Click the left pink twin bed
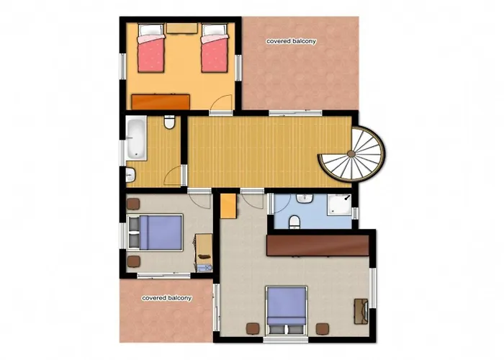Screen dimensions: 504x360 point(151,48)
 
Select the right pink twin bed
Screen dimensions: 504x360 point(215,48)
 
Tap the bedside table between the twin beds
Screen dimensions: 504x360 point(182,28)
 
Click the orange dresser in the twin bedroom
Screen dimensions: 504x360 point(161,102)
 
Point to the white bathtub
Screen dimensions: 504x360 point(136,139)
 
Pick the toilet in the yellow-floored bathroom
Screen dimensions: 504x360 point(169,122)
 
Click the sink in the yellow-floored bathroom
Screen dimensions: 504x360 point(130,176)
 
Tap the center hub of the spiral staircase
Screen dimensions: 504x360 point(351,154)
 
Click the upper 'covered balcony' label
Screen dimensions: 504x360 point(291,41)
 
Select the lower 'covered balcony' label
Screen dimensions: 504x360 point(167,298)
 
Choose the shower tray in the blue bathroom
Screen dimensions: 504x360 point(339,204)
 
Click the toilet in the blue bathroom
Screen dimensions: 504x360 point(294,222)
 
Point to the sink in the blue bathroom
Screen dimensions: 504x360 point(305,198)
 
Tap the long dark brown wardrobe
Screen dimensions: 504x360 point(318,246)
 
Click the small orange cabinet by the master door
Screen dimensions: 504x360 point(228,207)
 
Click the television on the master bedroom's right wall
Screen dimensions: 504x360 point(361,311)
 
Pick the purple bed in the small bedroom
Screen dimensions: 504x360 point(156,233)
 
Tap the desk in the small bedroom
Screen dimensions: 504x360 point(204,253)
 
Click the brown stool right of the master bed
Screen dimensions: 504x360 point(323,329)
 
